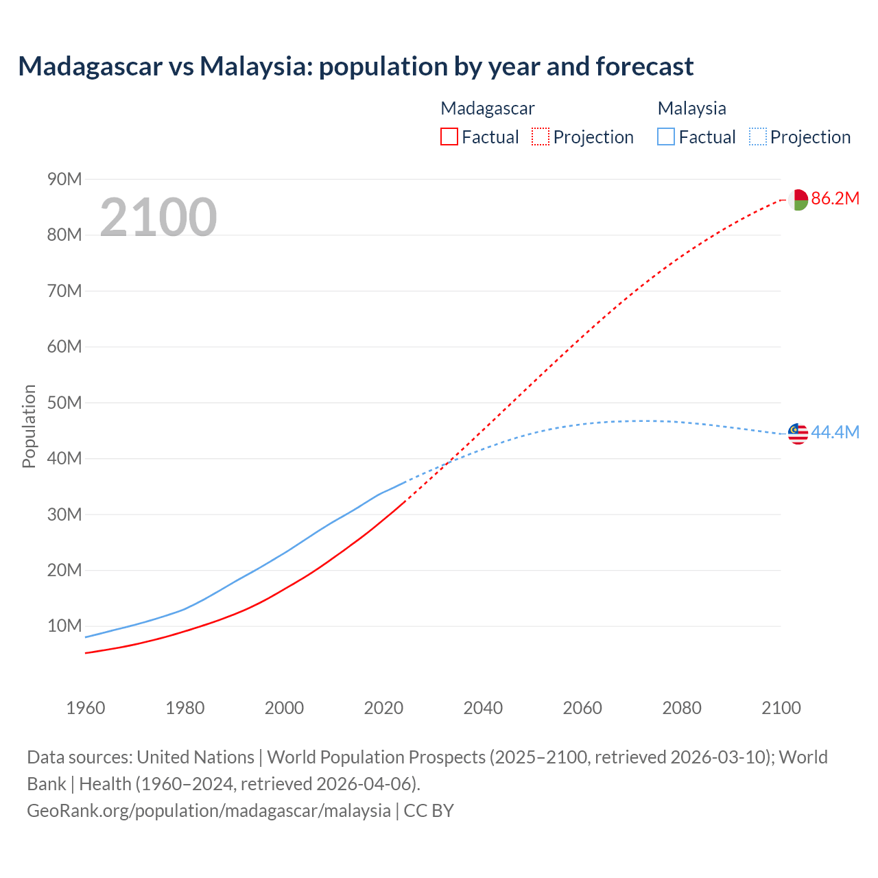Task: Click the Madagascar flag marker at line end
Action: pos(798,200)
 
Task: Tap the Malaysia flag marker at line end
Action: pos(798,434)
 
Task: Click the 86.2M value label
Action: pos(835,199)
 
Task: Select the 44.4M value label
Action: pos(835,433)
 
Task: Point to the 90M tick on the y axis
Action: pos(64,180)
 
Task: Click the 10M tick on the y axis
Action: pos(64,626)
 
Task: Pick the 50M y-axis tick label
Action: pos(64,403)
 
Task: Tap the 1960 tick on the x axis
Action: pos(86,708)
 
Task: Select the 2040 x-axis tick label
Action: pos(483,708)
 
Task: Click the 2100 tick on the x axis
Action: pos(781,708)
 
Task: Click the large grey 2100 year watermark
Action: pos(158,217)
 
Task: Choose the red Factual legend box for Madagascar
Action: pos(449,137)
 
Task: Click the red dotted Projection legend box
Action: pos(541,137)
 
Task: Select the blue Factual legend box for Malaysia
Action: pos(666,137)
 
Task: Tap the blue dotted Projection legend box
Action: pos(757,137)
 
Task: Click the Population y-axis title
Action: pos(29,426)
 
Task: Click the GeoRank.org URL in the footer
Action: pos(209,811)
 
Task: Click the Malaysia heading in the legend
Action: pos(691,108)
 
